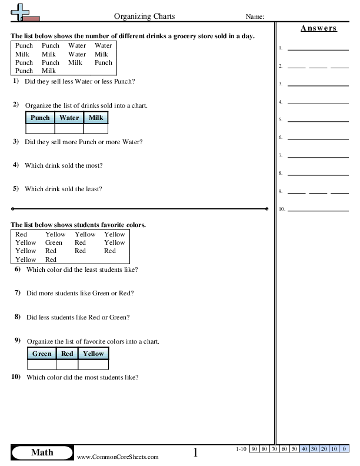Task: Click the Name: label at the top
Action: (254, 16)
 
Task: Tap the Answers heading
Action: (318, 28)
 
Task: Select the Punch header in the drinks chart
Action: (40, 118)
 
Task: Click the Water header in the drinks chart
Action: (69, 118)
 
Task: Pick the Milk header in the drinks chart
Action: (96, 118)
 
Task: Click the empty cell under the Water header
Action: (69, 128)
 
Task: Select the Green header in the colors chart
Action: (42, 354)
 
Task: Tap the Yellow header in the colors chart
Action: (93, 354)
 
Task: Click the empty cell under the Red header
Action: (67, 364)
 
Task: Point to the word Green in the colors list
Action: (54, 242)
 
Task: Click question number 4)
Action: (16, 165)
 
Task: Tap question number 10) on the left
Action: (16, 377)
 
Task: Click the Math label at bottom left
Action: (42, 452)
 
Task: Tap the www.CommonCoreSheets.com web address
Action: (118, 457)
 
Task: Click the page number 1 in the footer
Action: (196, 453)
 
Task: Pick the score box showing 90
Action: (255, 449)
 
